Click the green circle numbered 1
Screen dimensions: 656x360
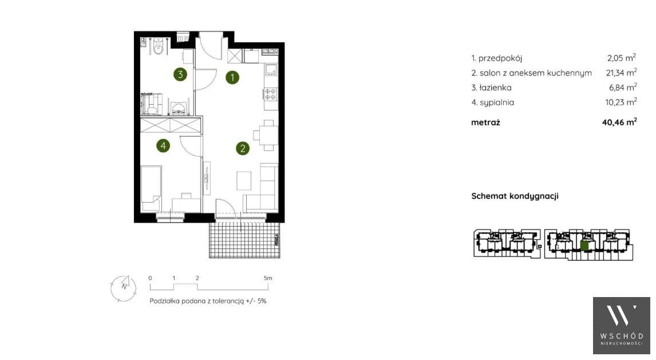point(232,77)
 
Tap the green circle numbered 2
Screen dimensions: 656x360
point(243,148)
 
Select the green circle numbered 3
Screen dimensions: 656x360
point(180,74)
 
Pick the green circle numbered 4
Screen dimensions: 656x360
point(163,145)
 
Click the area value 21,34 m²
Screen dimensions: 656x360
point(621,72)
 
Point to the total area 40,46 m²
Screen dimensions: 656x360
point(619,122)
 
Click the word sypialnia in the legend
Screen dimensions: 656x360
point(497,102)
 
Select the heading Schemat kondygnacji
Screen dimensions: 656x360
point(515,196)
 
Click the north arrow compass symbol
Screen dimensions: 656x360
point(124,288)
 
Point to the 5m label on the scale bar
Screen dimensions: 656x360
point(268,278)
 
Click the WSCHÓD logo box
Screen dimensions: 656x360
point(621,325)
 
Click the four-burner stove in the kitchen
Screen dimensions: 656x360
point(271,94)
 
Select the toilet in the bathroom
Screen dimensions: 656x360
point(158,46)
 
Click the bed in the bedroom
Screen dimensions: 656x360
point(151,189)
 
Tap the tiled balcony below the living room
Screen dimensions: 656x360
point(245,240)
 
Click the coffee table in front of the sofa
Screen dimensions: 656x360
point(244,180)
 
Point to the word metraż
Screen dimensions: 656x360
point(485,122)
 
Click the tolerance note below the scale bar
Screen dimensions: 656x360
point(208,300)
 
